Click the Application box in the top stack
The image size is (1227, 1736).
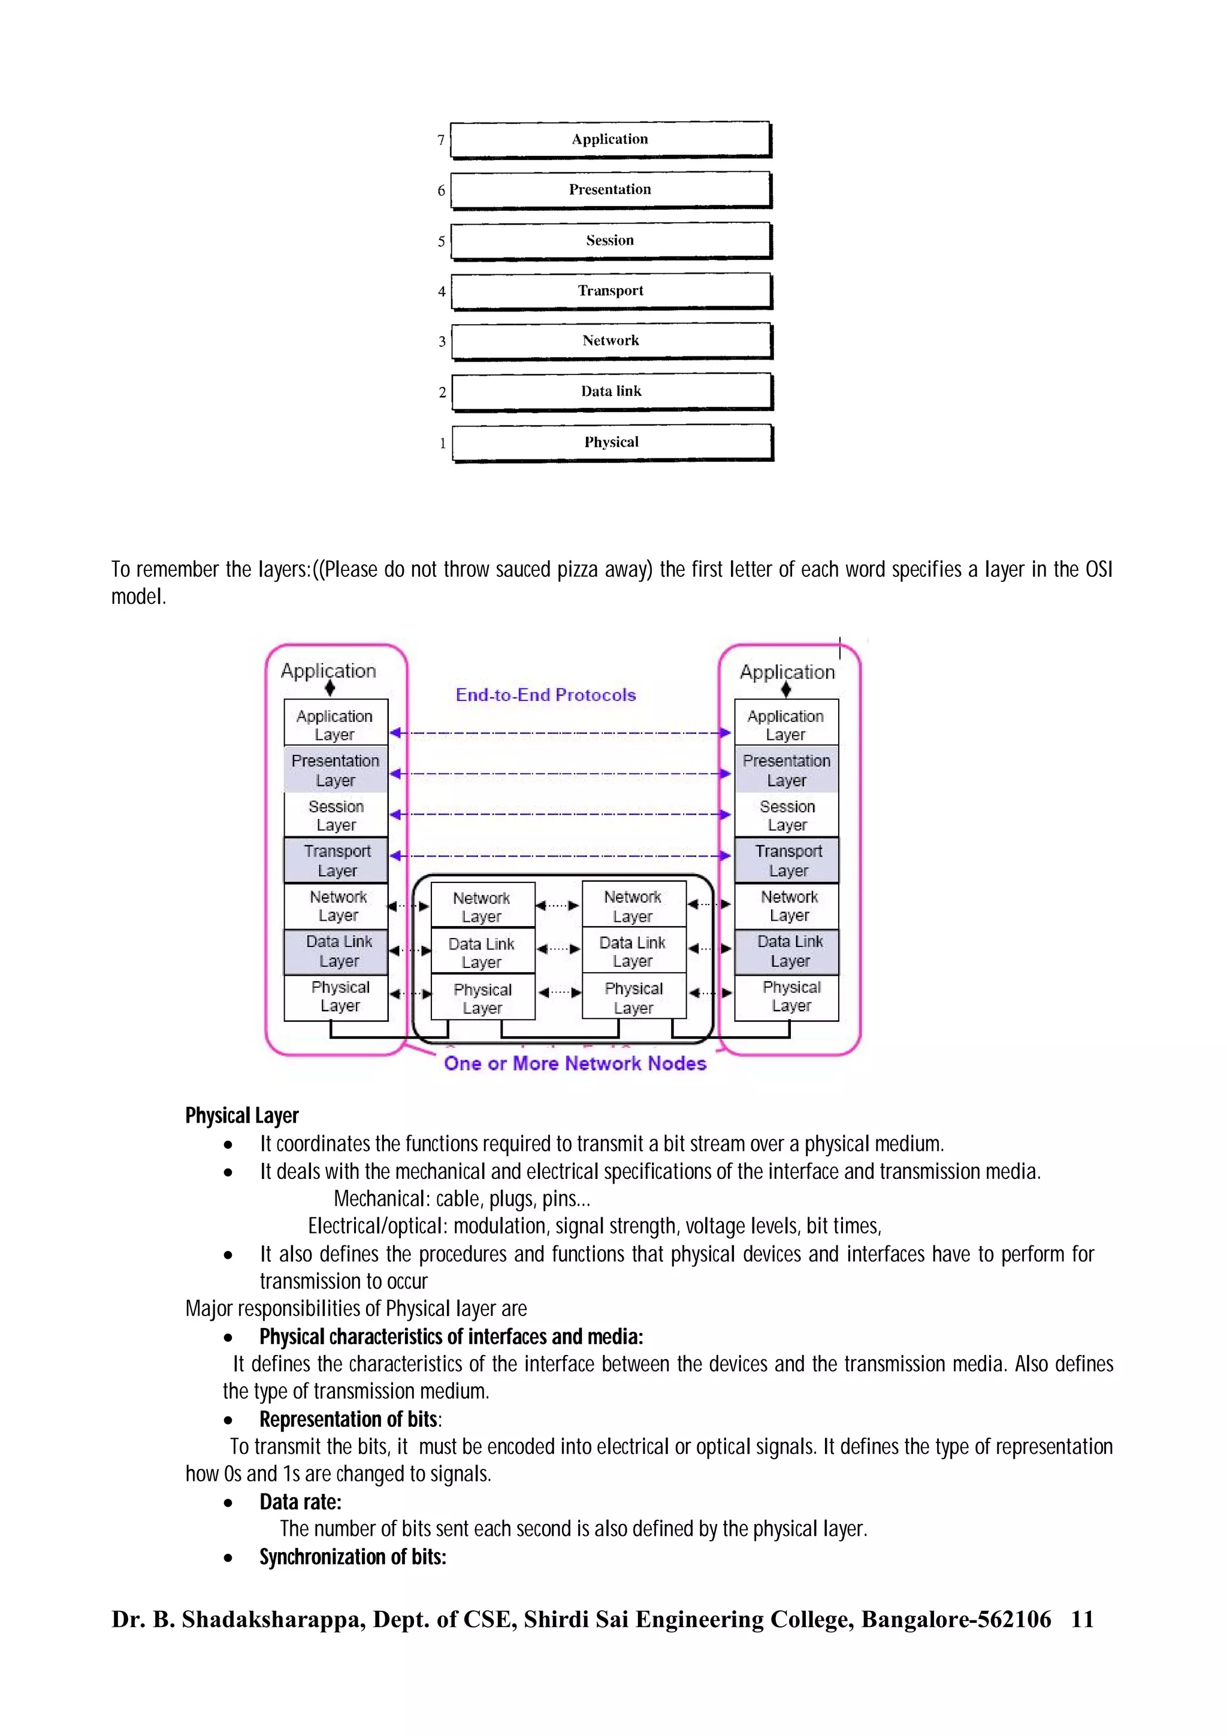coord(610,139)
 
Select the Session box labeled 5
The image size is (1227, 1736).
coord(610,240)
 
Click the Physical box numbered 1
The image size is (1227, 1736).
coord(612,442)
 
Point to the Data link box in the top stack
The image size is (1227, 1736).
coord(612,392)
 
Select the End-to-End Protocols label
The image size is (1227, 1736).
coord(545,695)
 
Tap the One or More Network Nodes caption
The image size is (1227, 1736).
coord(575,1063)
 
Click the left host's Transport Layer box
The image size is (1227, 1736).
coord(337,860)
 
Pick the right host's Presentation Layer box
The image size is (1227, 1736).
coord(786,770)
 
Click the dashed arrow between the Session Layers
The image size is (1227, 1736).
coord(560,814)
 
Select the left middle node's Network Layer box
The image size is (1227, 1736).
coord(482,906)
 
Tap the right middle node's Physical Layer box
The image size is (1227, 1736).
coord(633,997)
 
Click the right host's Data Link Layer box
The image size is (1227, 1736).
coord(789,951)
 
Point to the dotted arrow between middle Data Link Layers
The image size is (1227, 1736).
coord(558,949)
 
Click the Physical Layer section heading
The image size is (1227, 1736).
coord(242,1116)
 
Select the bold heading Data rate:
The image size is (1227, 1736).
coord(300,1502)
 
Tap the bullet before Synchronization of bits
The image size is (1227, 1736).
coord(228,1557)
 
